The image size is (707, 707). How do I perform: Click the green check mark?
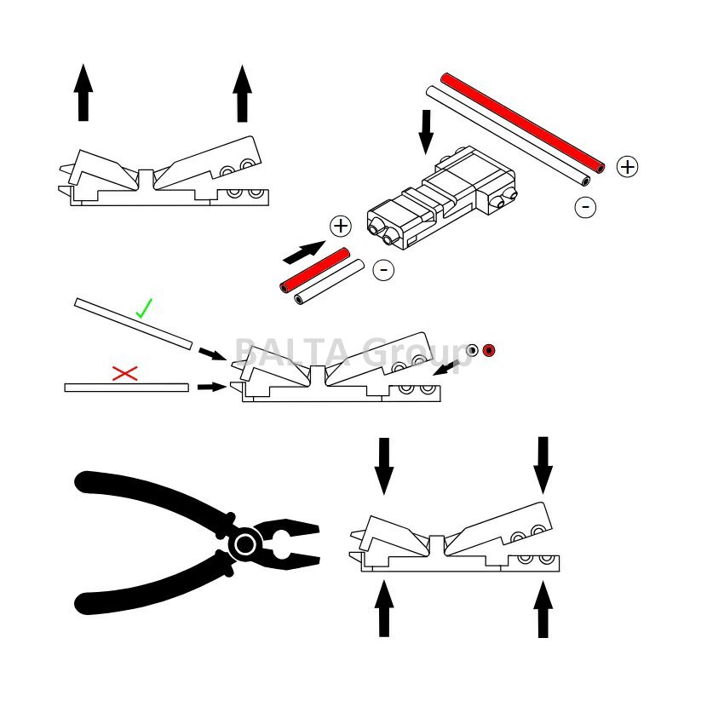point(144,308)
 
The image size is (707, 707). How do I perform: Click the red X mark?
point(125,372)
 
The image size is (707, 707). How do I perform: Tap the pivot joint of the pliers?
point(244,543)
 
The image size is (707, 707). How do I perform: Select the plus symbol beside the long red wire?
point(627,166)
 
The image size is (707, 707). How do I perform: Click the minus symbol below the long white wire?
point(584,206)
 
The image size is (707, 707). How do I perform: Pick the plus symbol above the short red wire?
point(340,226)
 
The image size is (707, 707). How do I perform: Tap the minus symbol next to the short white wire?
point(384,270)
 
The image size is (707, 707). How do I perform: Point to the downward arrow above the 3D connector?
point(427,132)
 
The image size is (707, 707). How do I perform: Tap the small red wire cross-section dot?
point(489,350)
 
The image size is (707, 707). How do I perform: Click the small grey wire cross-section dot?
point(473,350)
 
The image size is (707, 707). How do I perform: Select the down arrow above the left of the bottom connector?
point(384,465)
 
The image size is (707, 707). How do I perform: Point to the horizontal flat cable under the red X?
point(126,388)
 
